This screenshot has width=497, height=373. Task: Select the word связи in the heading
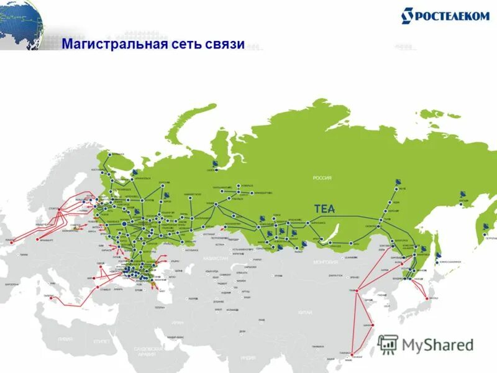point(225,45)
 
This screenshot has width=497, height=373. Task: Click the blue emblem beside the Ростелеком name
point(408,16)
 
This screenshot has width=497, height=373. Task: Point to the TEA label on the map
point(324,209)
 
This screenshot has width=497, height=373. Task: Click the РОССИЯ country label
point(322,178)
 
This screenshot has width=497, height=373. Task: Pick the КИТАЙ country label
point(304,311)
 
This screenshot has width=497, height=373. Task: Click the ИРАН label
point(178,323)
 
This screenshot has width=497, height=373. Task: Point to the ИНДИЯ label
point(248,357)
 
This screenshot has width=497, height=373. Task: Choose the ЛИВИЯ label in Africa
point(65,339)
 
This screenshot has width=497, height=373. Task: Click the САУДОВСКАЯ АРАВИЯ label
point(148,351)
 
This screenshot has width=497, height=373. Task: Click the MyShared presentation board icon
point(388,344)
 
